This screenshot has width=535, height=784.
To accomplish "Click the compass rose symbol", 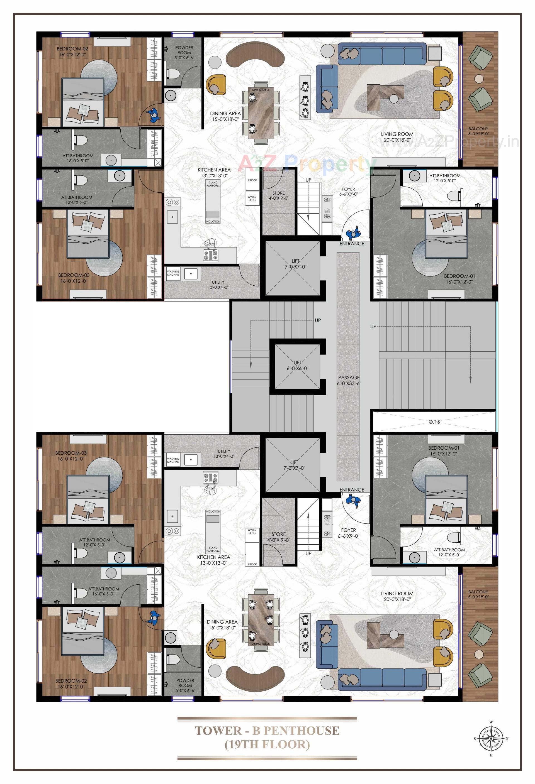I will tap(491, 738).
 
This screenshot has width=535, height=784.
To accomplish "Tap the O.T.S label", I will tap(434, 422).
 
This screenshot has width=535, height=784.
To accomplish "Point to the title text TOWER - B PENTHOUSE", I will tap(267, 731).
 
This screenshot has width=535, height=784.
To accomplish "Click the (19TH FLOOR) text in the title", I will tap(267, 744).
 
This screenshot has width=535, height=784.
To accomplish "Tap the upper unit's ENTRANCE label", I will tap(352, 244).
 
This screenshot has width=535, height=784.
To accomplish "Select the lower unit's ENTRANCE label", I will tap(352, 490).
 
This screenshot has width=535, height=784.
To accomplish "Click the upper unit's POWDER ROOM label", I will tap(184, 53).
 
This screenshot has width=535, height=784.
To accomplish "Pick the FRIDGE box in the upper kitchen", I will tap(252, 180).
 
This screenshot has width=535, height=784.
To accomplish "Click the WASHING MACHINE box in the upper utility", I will tap(173, 273).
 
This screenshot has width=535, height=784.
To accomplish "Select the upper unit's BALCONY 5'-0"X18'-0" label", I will tap(478, 131).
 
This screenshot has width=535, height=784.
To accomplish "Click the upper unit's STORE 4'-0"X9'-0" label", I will tap(278, 196).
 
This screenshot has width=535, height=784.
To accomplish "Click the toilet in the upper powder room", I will tap(173, 73).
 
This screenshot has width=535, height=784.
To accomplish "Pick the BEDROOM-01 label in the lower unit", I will tap(444, 451).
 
